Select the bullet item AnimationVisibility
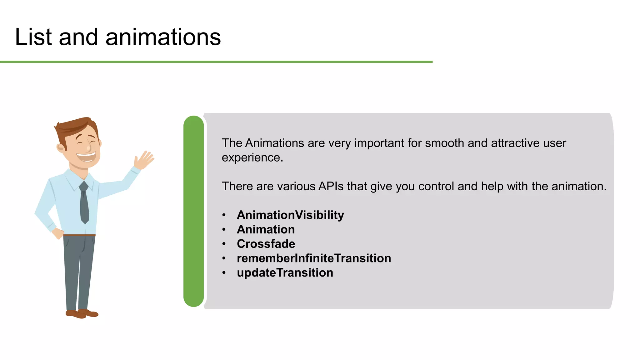(x=290, y=215)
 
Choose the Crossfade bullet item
(x=266, y=244)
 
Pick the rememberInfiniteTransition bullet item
(x=314, y=258)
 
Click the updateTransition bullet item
(x=285, y=273)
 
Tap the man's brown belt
(x=79, y=235)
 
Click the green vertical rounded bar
(x=193, y=211)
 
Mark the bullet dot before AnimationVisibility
(x=224, y=215)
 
